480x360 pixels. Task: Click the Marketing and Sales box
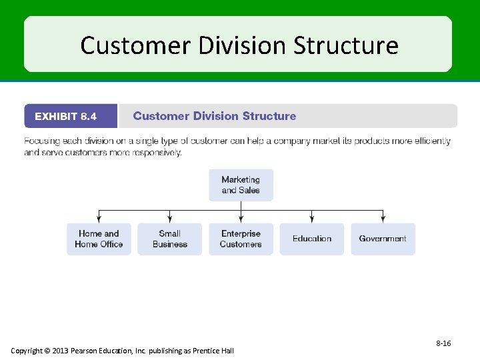point(241,185)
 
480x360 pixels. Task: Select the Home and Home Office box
point(99,239)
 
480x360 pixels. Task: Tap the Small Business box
point(169,239)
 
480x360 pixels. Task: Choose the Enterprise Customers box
point(241,239)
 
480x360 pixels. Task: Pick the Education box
point(311,239)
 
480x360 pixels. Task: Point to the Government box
point(383,239)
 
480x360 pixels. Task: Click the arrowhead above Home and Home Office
point(99,218)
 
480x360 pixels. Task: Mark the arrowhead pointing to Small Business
point(169,218)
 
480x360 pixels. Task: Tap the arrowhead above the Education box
point(311,218)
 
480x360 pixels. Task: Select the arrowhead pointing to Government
point(383,218)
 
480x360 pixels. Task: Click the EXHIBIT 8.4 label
point(65,116)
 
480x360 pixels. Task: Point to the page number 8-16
point(443,343)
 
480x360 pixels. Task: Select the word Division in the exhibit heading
point(215,116)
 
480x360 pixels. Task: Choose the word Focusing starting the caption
point(41,141)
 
